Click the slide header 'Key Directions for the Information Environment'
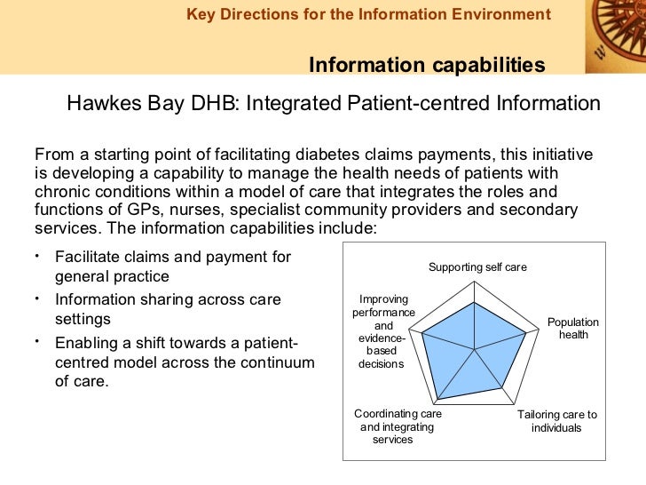coord(368,14)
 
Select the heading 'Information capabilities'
coord(426,65)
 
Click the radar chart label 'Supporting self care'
coord(477,266)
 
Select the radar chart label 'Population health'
coord(572,329)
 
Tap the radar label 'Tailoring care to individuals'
coord(557,421)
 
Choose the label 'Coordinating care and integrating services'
coord(398,426)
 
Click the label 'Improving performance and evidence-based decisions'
coord(382,331)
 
